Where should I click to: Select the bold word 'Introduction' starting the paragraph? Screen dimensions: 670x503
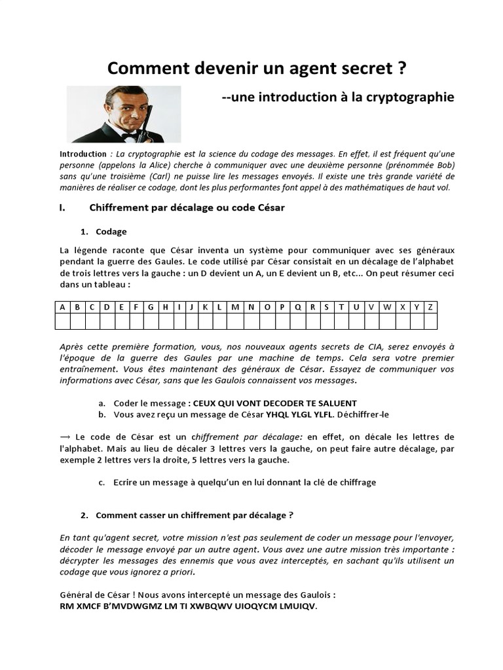[83, 154]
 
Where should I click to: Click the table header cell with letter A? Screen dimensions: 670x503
[62, 307]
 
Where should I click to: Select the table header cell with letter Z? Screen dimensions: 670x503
[430, 307]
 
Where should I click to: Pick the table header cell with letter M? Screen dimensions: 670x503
[235, 307]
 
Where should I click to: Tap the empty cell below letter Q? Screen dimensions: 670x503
[297, 321]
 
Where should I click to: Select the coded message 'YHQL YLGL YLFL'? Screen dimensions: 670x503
[300, 414]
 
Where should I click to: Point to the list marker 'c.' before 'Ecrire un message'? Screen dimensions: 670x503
[102, 482]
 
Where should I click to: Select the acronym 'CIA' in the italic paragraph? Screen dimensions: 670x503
[389, 347]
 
